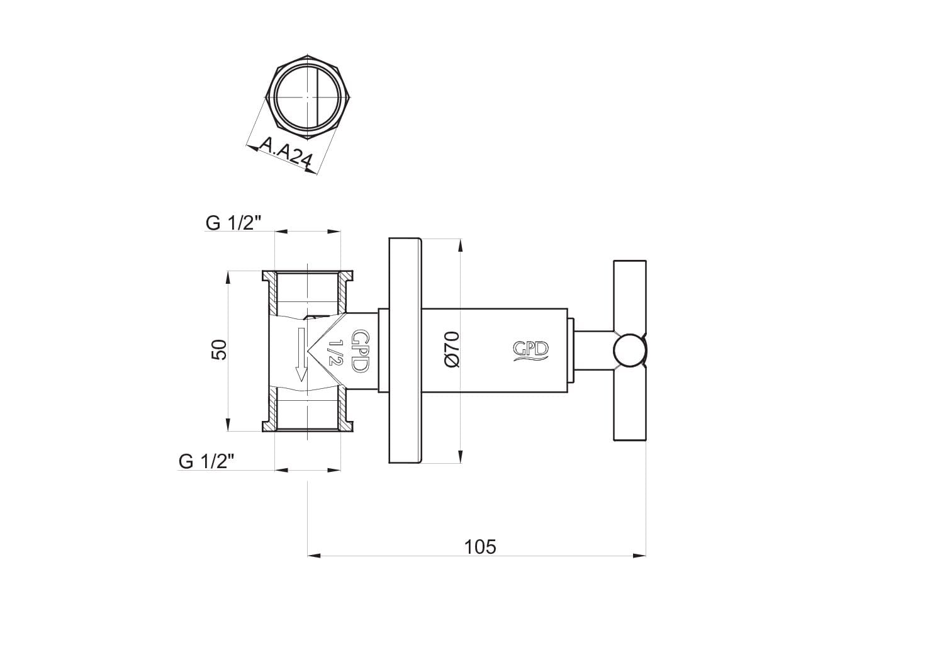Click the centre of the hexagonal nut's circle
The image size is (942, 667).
(x=307, y=98)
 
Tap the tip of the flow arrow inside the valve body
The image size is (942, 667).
(x=301, y=381)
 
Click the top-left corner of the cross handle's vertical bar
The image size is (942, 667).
(x=614, y=261)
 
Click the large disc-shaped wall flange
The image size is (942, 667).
(x=405, y=350)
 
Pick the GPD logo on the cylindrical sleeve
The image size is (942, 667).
(x=530, y=351)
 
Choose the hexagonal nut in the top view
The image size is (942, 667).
(x=307, y=98)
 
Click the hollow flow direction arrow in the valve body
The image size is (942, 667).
(x=301, y=354)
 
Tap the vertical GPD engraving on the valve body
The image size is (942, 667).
(x=360, y=351)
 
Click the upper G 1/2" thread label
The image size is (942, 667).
(x=234, y=223)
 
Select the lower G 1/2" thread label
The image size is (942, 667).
(x=206, y=461)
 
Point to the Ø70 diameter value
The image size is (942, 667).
(x=451, y=350)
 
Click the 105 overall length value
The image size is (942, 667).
(x=480, y=547)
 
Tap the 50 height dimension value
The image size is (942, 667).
(x=219, y=350)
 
